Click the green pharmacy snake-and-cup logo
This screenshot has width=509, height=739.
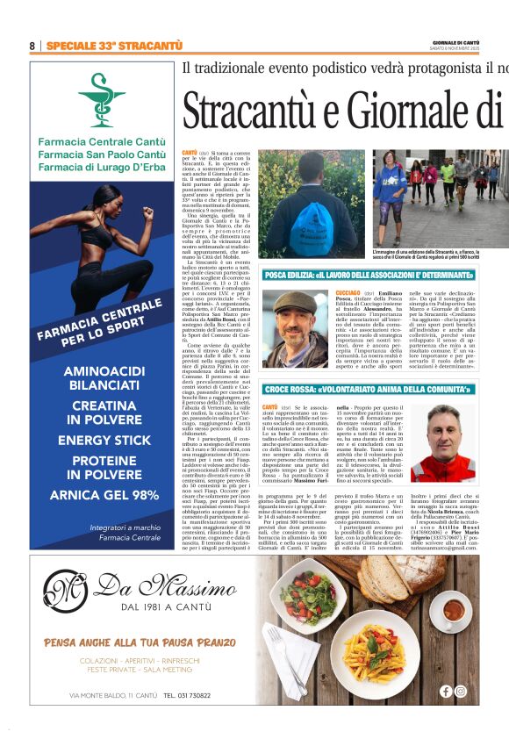pyautogui.click(x=101, y=99)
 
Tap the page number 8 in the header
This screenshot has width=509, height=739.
pyautogui.click(x=32, y=46)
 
